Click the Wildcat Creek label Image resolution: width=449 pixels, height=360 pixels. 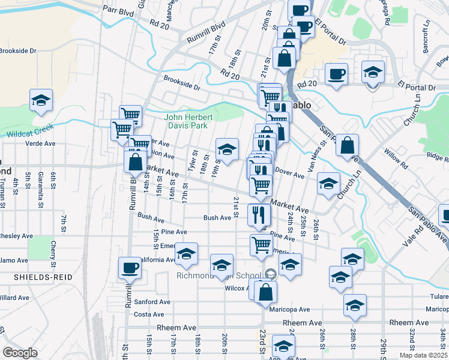[29, 131]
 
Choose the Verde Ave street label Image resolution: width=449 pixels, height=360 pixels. [28, 144]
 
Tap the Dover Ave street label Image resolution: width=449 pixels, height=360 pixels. [290, 173]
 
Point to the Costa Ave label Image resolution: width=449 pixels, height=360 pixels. [149, 314]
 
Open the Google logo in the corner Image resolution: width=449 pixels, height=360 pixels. [20, 352]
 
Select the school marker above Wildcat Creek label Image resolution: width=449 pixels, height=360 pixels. [41, 101]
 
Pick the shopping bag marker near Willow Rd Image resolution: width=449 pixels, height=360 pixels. [348, 146]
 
